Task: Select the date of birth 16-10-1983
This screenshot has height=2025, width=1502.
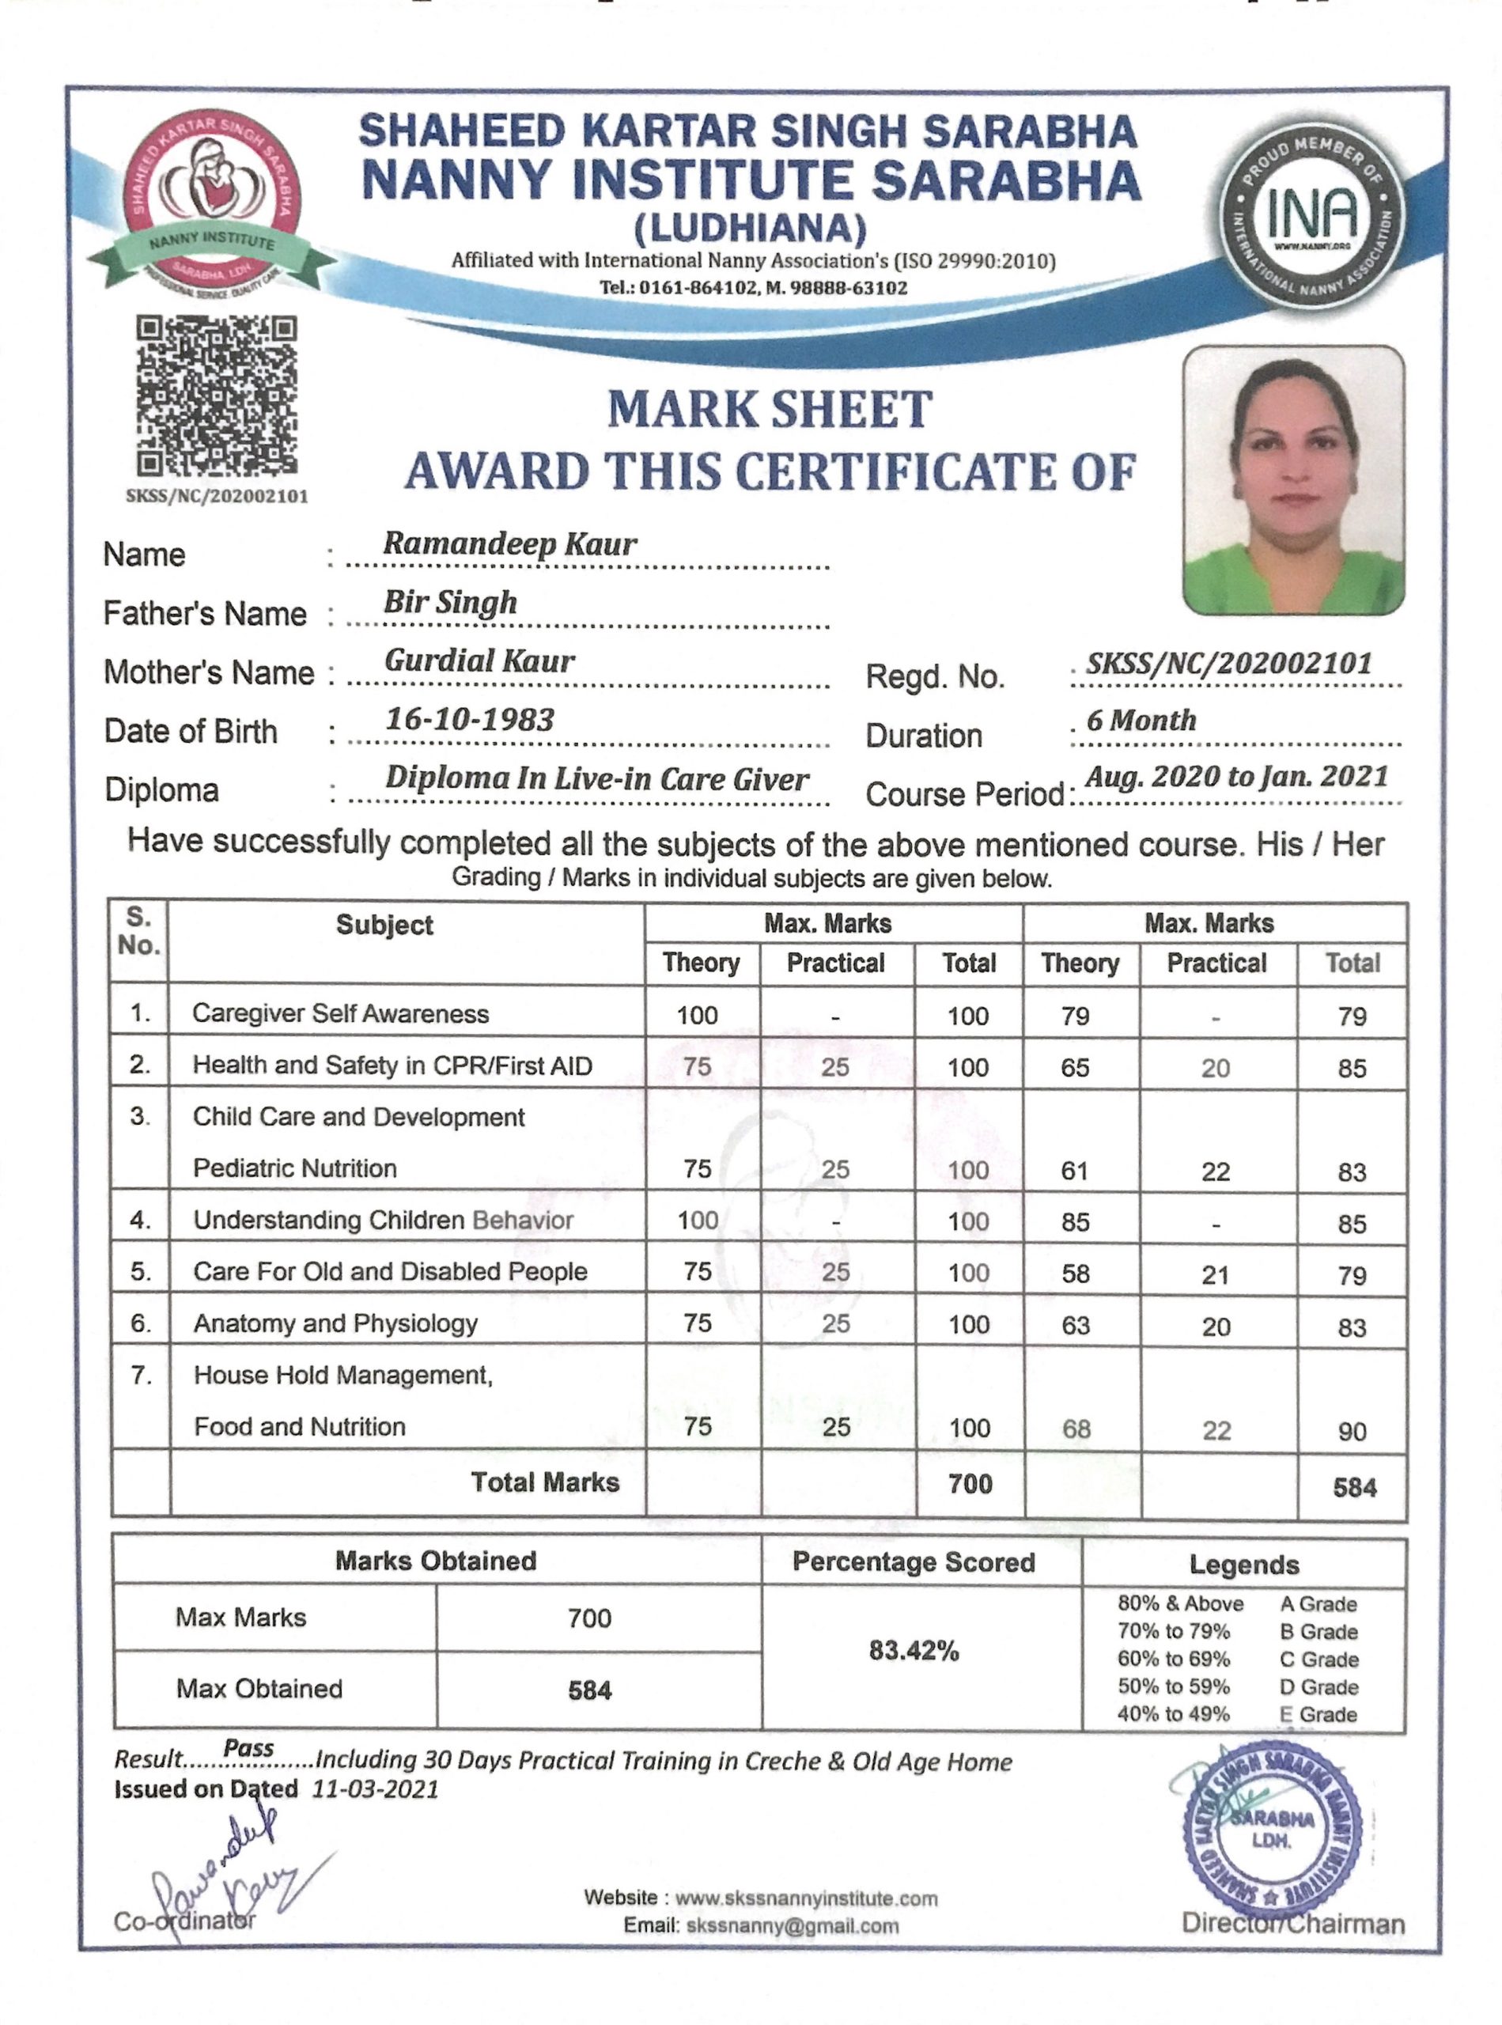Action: pos(469,719)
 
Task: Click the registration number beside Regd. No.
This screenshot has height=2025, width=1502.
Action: pos(1228,663)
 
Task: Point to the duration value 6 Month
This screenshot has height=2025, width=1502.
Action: pos(1141,720)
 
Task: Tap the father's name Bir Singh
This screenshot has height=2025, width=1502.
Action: pos(450,602)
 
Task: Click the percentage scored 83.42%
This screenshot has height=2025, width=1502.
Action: pos(914,1650)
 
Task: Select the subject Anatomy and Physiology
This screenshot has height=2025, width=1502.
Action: pos(335,1323)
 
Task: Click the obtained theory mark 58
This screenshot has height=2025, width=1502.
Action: pos(1075,1273)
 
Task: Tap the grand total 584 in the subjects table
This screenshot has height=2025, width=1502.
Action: pos(1354,1488)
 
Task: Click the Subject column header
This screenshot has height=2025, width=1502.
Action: pos(384,925)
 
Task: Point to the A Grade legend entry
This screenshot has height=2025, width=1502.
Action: pos(1318,1604)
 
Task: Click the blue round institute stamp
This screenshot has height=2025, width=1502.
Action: pos(1271,1828)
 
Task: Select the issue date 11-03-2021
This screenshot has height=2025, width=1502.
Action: pos(376,1789)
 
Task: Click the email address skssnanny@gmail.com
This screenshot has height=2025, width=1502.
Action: pos(793,1925)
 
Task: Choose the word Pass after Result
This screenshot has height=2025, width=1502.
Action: pos(248,1747)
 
